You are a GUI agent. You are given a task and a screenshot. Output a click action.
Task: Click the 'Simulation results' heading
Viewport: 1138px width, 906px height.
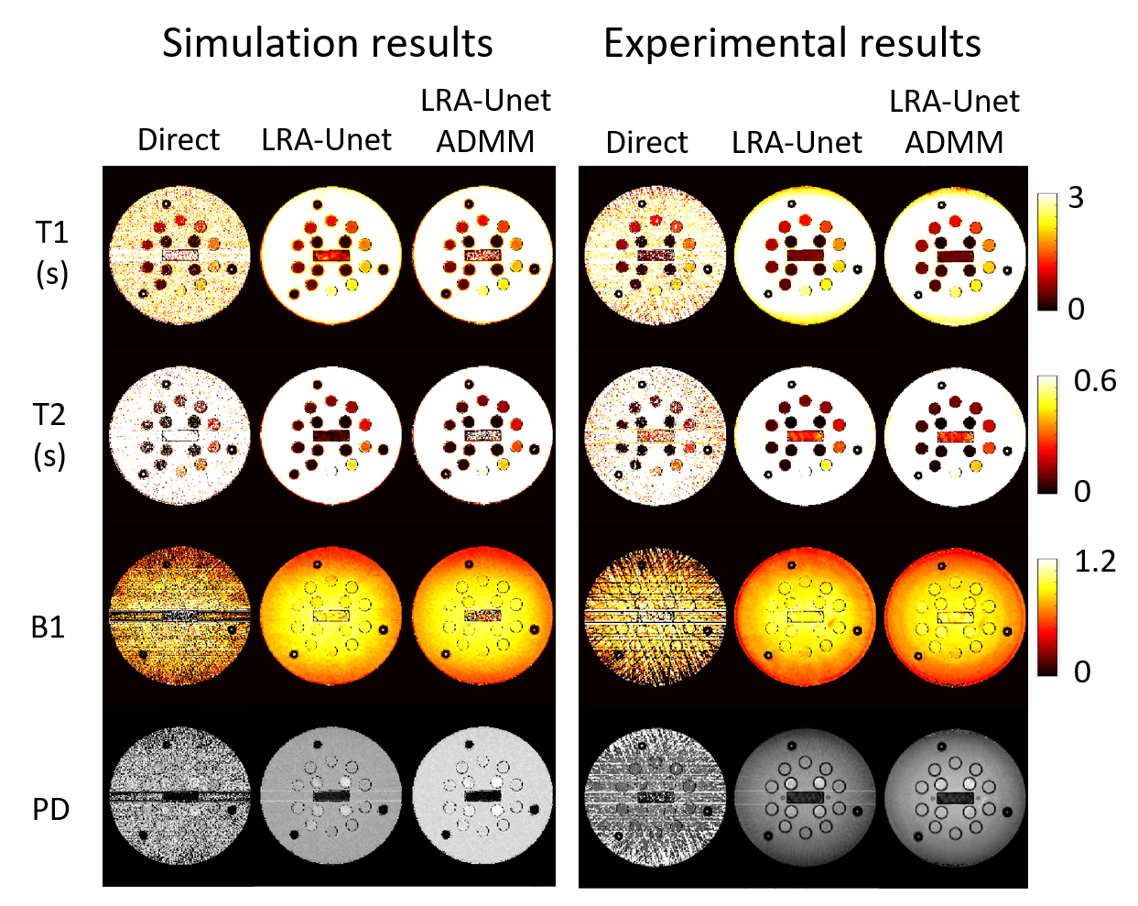click(x=327, y=44)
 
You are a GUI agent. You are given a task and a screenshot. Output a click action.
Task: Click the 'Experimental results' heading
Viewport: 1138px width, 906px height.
click(x=792, y=44)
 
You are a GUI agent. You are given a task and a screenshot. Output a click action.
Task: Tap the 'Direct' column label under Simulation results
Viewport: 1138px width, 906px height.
click(x=179, y=140)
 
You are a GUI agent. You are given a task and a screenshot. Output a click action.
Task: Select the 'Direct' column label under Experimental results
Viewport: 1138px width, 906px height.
click(x=646, y=143)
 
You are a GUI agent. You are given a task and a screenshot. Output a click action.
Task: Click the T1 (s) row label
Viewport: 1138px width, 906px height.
click(x=51, y=252)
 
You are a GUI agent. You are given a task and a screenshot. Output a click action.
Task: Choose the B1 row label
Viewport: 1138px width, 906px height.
click(x=48, y=628)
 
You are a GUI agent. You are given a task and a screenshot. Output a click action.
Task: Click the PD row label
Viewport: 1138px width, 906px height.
click(x=50, y=810)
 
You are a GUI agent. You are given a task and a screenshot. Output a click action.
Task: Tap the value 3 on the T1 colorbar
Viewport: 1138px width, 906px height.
click(x=1076, y=198)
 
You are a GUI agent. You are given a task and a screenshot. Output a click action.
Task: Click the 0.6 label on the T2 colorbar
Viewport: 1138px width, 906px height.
click(x=1095, y=380)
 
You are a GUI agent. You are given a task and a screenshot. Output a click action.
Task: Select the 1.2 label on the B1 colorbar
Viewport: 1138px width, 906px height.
click(x=1095, y=562)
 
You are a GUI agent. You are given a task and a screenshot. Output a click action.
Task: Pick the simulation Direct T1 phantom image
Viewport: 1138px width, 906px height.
click(x=179, y=254)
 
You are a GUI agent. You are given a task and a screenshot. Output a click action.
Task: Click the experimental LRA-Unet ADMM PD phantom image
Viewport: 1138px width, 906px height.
click(x=955, y=798)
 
